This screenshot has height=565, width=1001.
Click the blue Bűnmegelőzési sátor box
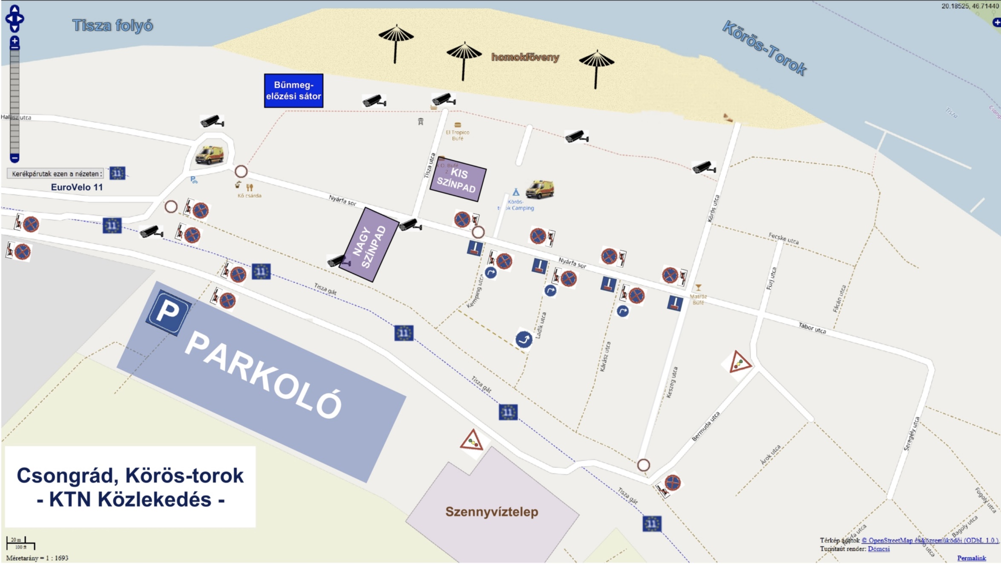tap(293, 90)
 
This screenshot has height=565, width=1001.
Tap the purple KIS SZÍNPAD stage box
tap(458, 179)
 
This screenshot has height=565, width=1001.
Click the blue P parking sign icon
tap(168, 312)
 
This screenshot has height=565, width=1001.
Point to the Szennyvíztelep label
tap(492, 511)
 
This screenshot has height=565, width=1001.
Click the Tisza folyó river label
tap(112, 26)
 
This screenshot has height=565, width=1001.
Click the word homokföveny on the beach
tap(525, 57)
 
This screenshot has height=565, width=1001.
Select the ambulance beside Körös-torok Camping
tap(540, 190)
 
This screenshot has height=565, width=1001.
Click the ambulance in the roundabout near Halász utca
tap(209, 155)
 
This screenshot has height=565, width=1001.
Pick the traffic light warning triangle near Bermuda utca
tap(739, 363)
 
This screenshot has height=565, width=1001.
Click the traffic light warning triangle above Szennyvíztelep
tap(472, 441)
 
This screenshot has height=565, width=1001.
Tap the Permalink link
tap(971, 558)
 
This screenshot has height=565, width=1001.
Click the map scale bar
tap(20, 544)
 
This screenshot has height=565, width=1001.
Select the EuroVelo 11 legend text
tap(77, 187)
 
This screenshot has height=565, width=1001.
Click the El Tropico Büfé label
tap(457, 135)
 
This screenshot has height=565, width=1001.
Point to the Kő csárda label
tap(250, 196)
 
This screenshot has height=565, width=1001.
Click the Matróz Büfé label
tap(698, 299)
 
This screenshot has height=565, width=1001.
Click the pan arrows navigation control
tap(14, 19)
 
